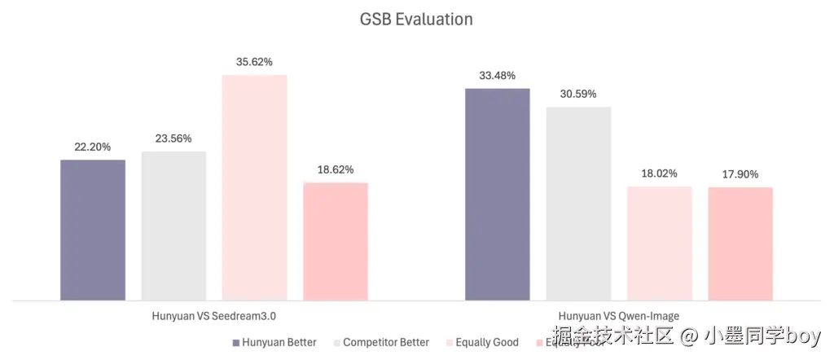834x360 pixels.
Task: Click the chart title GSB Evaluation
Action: [x=416, y=19]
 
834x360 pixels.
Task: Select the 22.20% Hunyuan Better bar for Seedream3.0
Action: [x=93, y=230]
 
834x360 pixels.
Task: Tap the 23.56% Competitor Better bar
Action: [x=173, y=226]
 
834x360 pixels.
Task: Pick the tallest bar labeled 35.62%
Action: [x=254, y=187]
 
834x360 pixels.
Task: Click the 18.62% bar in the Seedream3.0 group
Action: [x=336, y=241]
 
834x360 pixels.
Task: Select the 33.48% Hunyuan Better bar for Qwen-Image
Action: [x=497, y=194]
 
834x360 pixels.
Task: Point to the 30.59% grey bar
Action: [x=578, y=203]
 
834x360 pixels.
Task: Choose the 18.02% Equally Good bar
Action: [x=659, y=243]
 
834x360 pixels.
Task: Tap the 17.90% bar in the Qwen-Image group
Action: [x=740, y=244]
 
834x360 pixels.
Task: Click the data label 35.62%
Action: [x=254, y=61]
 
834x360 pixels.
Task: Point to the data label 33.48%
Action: [x=497, y=76]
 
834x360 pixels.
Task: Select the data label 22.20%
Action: [x=93, y=147]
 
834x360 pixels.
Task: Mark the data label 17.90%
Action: [x=740, y=174]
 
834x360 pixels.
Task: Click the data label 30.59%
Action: [x=578, y=94]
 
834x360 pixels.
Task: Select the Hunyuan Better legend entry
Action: [x=274, y=342]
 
